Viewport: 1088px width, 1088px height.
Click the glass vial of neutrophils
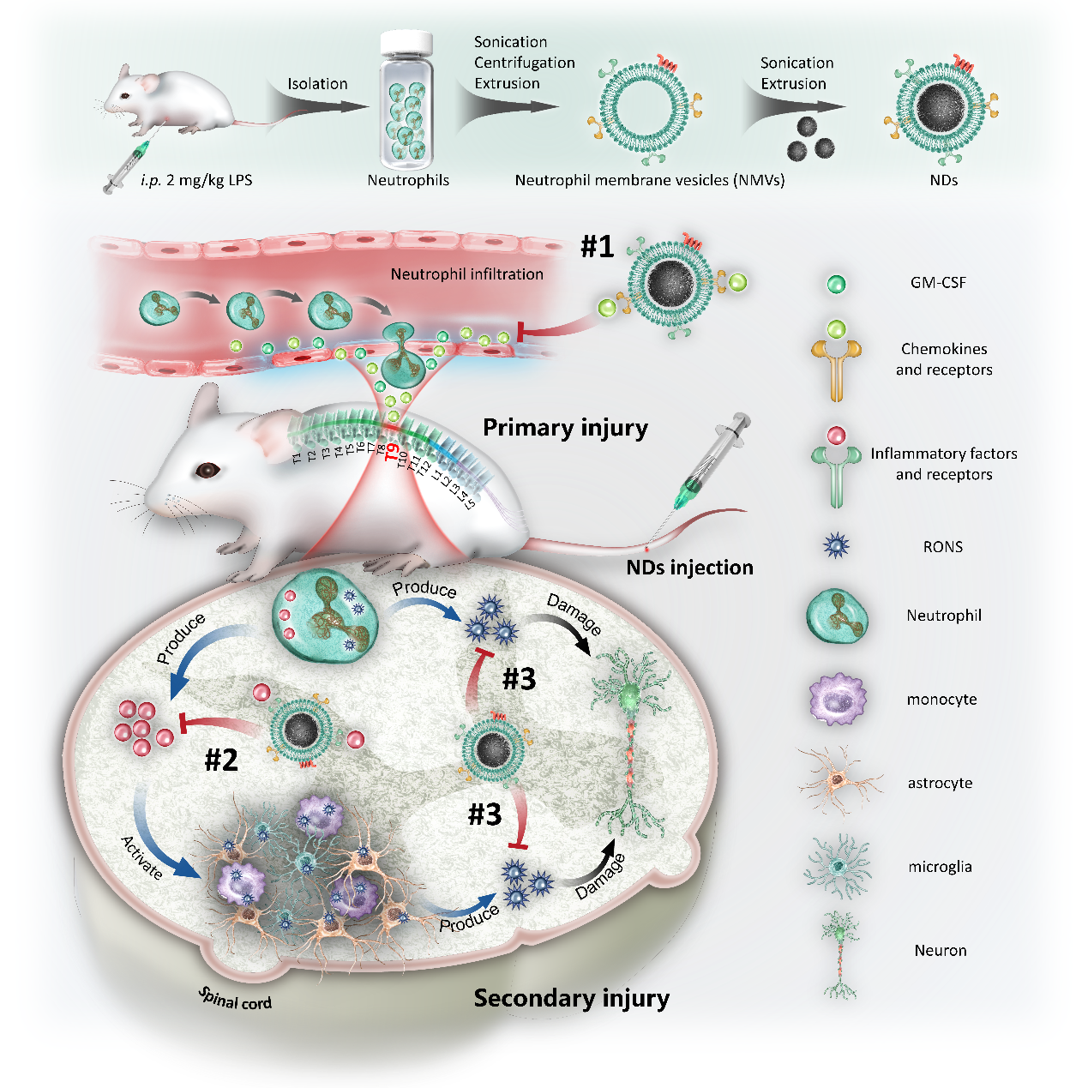[x=407, y=103]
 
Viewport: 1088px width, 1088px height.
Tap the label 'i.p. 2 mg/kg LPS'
[x=196, y=181]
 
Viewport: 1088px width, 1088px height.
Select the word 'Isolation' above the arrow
[x=317, y=84]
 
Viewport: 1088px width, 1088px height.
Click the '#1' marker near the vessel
[x=598, y=247]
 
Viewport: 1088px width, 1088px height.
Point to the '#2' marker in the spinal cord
[x=221, y=760]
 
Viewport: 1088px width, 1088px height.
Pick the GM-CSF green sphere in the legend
[x=836, y=284]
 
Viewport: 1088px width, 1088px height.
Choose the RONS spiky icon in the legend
[x=836, y=546]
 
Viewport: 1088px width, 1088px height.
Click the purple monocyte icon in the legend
[x=837, y=699]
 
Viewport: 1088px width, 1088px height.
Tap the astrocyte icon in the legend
[x=837, y=782]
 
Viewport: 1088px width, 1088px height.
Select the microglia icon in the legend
[x=837, y=867]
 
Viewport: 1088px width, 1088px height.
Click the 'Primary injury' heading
[x=565, y=427]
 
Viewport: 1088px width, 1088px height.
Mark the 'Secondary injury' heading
[x=571, y=998]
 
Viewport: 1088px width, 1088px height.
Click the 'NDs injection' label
[x=689, y=568]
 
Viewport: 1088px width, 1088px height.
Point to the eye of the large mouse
[x=207, y=470]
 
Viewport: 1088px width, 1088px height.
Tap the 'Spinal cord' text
[x=235, y=999]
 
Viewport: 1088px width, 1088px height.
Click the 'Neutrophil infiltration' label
[x=466, y=274]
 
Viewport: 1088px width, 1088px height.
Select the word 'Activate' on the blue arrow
[x=141, y=857]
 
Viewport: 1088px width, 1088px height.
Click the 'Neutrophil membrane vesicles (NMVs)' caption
[x=649, y=181]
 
